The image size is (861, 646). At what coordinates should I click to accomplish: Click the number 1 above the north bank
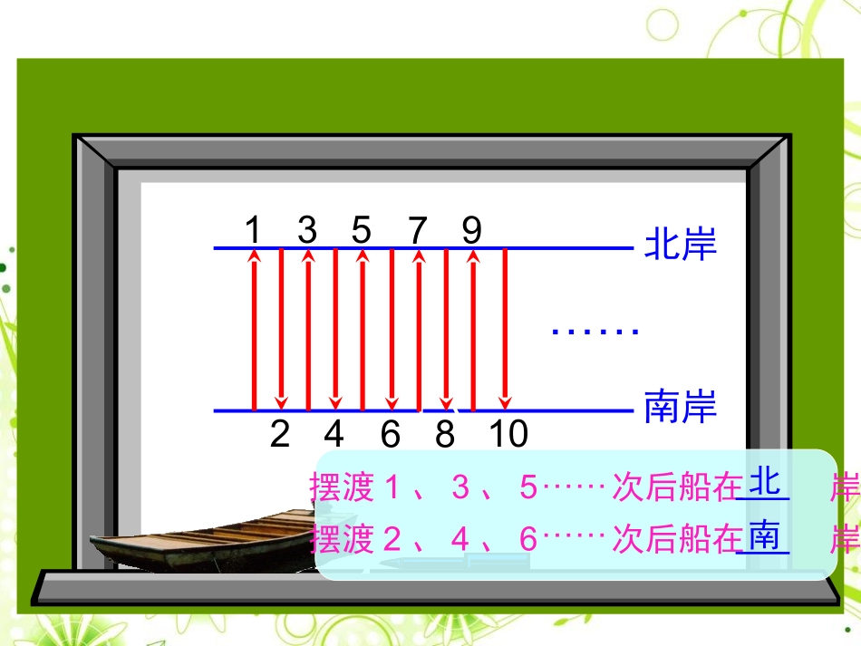pyautogui.click(x=253, y=230)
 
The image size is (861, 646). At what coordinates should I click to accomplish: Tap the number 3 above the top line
pyautogui.click(x=307, y=230)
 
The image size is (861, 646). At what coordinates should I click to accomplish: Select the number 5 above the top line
pyautogui.click(x=362, y=230)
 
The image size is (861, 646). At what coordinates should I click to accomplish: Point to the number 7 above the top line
pyautogui.click(x=417, y=231)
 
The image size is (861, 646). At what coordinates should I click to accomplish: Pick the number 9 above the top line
pyautogui.click(x=471, y=230)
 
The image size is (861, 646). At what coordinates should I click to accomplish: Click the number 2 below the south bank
pyautogui.click(x=280, y=435)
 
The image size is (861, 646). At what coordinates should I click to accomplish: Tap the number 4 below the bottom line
pyautogui.click(x=334, y=435)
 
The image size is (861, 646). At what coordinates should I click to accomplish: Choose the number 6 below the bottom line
pyautogui.click(x=390, y=435)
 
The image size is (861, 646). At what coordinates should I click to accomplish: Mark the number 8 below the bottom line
pyautogui.click(x=444, y=435)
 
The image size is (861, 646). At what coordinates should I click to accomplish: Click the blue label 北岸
pyautogui.click(x=680, y=246)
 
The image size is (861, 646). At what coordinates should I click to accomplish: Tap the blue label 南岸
pyautogui.click(x=680, y=408)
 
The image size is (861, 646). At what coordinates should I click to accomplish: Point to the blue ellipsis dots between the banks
pyautogui.click(x=595, y=332)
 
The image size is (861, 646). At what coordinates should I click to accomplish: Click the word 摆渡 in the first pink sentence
pyautogui.click(x=342, y=488)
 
